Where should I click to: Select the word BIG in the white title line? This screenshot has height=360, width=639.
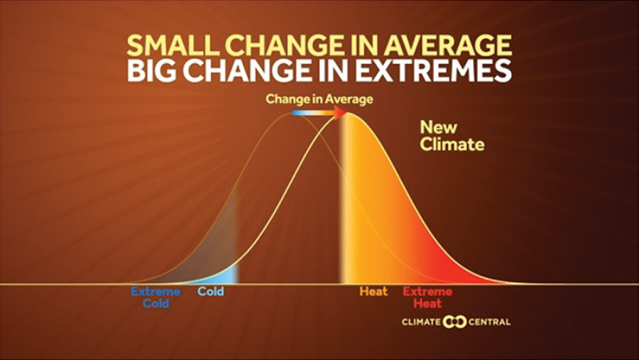[x=154, y=72]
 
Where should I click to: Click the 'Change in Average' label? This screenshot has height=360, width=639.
[x=319, y=99]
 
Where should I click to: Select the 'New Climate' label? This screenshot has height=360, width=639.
[x=452, y=136]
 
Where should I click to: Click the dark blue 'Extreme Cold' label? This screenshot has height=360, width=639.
[x=155, y=297]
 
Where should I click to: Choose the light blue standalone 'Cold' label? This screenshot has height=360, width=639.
[x=210, y=292]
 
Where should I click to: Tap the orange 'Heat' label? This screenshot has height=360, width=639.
[x=373, y=292]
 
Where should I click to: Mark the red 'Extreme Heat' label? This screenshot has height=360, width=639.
[x=427, y=297]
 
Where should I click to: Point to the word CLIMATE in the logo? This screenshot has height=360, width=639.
[x=422, y=322]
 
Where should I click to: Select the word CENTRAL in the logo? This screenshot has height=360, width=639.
[x=488, y=322]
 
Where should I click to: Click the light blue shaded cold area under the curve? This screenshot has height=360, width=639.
[x=226, y=273]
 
